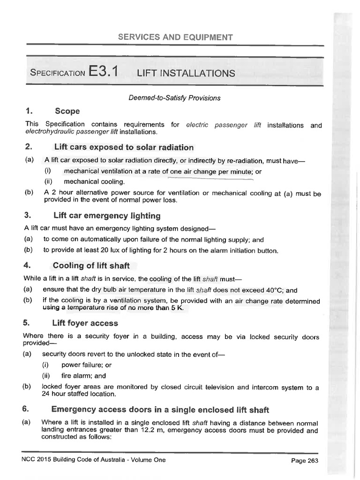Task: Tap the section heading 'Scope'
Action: pyautogui.click(x=67, y=111)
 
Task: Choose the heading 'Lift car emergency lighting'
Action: pyautogui.click(x=107, y=216)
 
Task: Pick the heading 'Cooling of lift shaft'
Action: pyautogui.click(x=91, y=266)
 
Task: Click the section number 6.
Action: pyautogui.click(x=26, y=409)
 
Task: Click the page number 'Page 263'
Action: pyautogui.click(x=305, y=461)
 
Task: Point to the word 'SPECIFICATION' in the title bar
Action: pyautogui.click(x=57, y=74)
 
